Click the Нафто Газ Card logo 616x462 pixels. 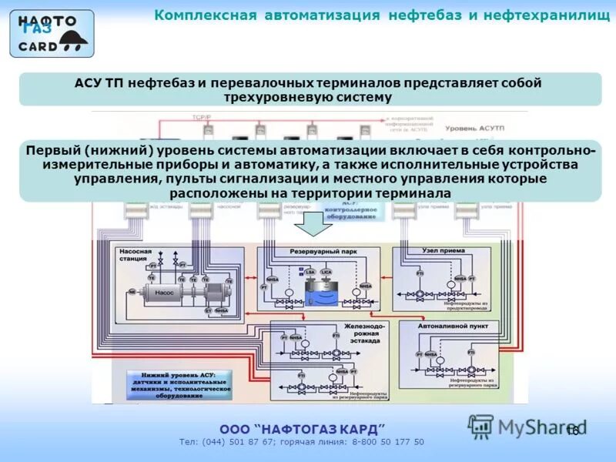point(52,33)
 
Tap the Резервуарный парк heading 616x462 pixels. point(323,252)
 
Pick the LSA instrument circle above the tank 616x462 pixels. point(310,272)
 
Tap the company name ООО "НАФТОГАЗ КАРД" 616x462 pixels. point(302,428)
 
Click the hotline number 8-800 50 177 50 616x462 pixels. point(388,442)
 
